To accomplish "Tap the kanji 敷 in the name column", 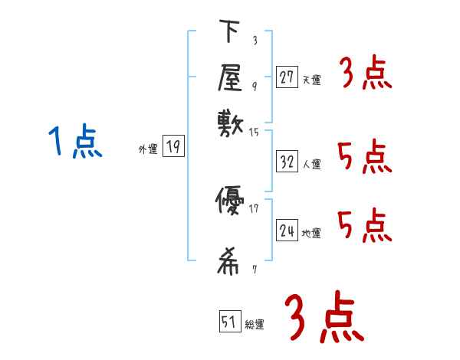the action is point(230,122).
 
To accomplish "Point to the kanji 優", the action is point(230,203).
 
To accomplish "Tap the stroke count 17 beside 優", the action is point(255,208).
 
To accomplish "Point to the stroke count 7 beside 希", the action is point(254,270).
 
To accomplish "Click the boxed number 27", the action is point(287,77).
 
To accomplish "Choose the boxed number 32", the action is point(287,162).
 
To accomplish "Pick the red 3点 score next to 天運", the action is point(365,74).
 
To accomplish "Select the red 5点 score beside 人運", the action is point(365,159).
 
